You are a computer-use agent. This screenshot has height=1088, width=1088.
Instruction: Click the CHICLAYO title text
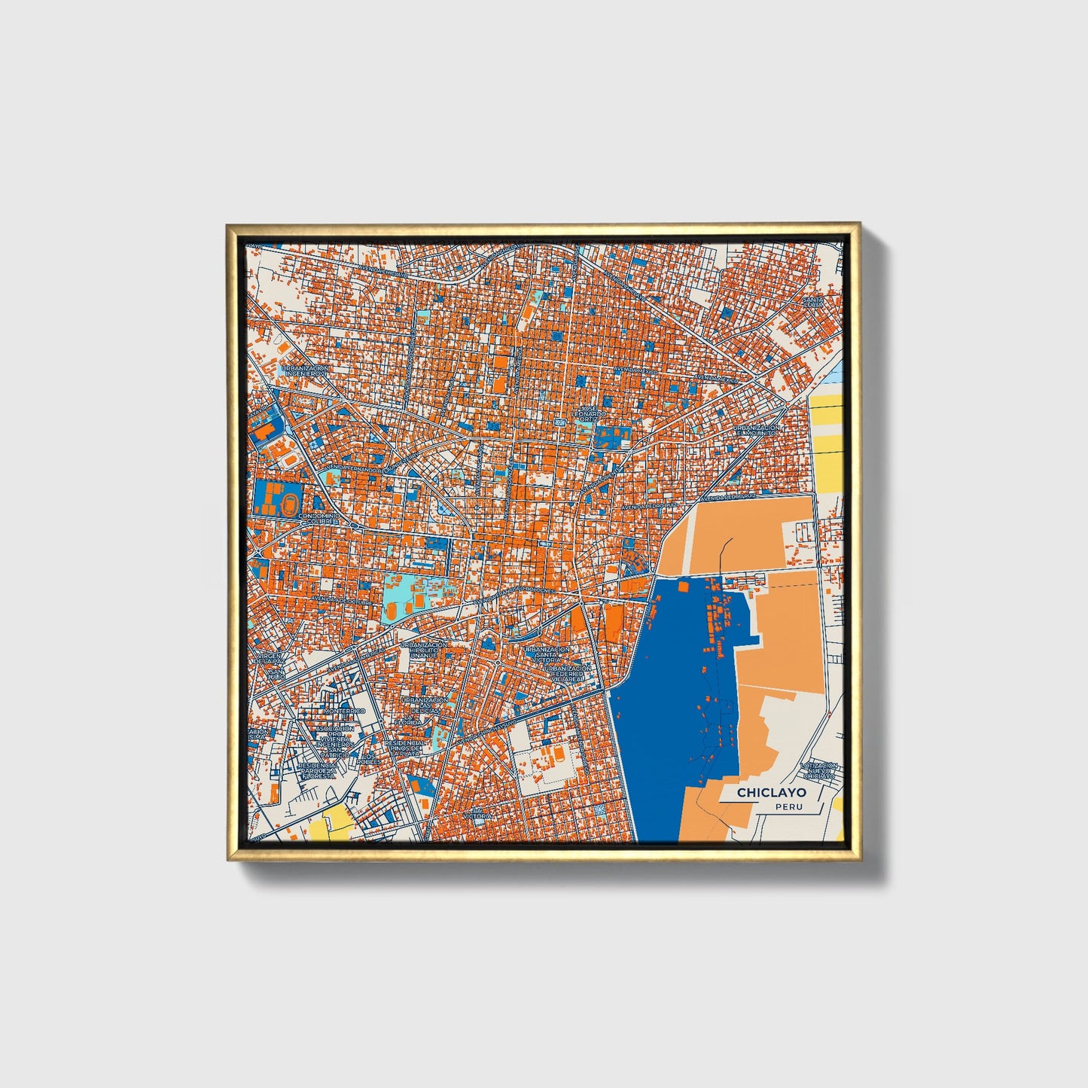[x=771, y=792]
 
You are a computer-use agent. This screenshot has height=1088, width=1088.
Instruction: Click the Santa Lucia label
[x=813, y=302]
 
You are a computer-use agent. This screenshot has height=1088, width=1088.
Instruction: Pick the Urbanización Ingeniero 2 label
[x=305, y=371]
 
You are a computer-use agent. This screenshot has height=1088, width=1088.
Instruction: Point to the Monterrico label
[x=344, y=711]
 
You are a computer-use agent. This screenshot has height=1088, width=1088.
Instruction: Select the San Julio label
[x=276, y=675]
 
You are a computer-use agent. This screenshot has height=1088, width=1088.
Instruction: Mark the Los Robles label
[x=368, y=759]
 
